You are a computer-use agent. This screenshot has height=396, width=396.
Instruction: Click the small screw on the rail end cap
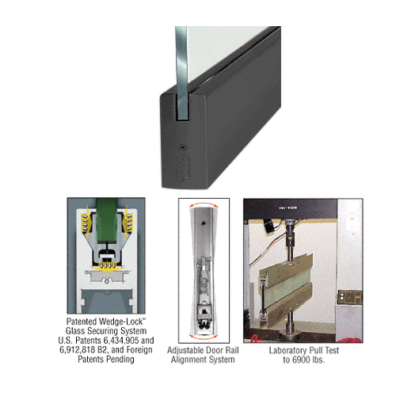[x=184, y=147]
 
